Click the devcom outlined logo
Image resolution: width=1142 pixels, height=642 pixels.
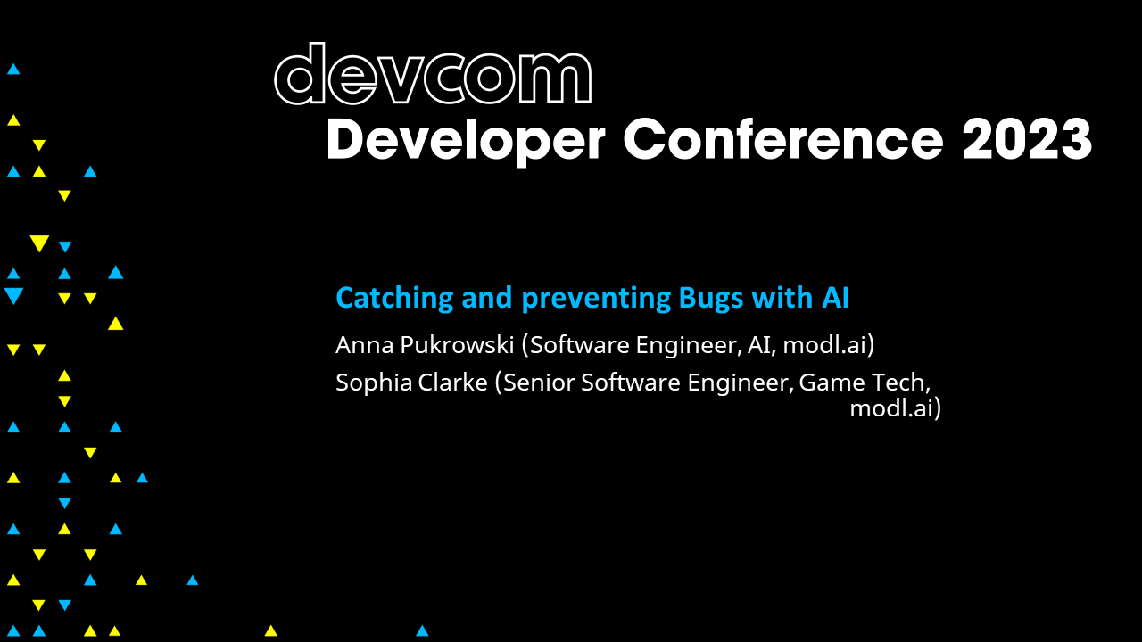point(433,75)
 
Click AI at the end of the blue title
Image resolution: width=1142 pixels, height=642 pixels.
point(835,298)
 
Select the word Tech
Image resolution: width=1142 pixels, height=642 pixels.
point(902,383)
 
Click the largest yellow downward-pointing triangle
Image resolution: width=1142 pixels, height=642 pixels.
point(38,243)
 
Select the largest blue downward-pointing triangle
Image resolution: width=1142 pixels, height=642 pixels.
point(13,296)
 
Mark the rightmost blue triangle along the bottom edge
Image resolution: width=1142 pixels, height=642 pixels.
point(422,630)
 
